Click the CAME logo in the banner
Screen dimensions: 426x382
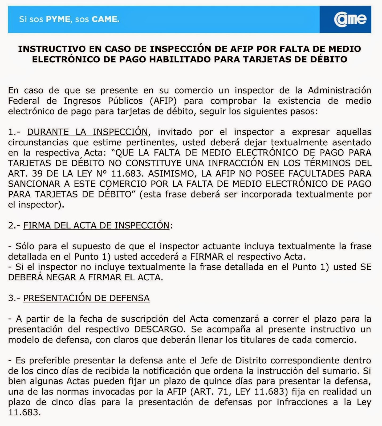pyautogui.click(x=350, y=19)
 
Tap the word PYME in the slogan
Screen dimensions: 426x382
pyautogui.click(x=58, y=19)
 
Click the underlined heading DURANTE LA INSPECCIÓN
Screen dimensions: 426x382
pyautogui.click(x=87, y=132)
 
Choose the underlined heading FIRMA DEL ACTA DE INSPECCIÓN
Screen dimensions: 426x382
pyautogui.click(x=96, y=226)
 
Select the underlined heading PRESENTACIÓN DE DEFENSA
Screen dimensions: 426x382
pyautogui.click(x=86, y=298)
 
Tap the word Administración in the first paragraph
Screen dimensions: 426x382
pyautogui.click(x=339, y=91)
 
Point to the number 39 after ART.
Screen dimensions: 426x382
pyautogui.click(x=37, y=174)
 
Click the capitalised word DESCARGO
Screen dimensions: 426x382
pyautogui.click(x=160, y=329)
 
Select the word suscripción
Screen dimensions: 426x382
pyautogui.click(x=144, y=319)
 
